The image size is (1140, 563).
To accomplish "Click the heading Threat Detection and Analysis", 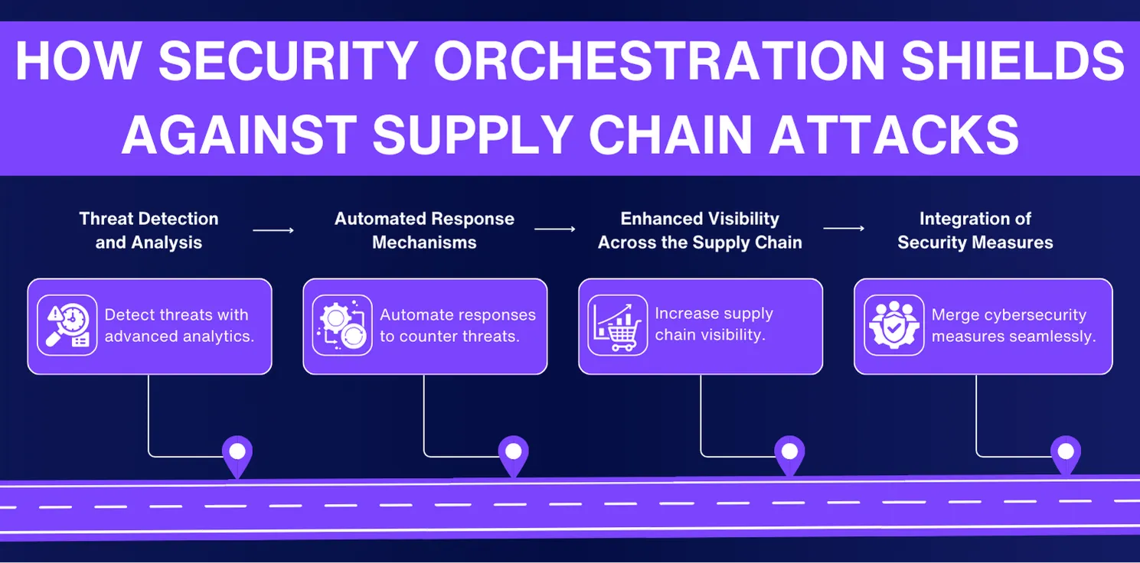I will click(149, 230).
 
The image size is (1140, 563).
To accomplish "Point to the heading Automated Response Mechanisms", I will click(424, 230).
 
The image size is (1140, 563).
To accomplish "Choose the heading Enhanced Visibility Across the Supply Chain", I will click(700, 230).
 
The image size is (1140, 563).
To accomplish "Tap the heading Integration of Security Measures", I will click(975, 230).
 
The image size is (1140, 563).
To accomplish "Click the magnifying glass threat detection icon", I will click(67, 325).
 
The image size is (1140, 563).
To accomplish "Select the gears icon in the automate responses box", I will click(342, 325).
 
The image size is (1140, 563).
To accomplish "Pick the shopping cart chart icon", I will click(617, 325).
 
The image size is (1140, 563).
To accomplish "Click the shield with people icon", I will click(893, 325).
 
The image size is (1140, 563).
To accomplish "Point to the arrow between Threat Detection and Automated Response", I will click(273, 229).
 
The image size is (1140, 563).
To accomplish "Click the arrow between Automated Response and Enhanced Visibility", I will click(554, 229).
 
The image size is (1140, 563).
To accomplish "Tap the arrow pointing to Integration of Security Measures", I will click(844, 228).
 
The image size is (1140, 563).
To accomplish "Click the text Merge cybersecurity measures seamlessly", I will click(1013, 325).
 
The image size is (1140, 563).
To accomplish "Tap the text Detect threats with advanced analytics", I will click(179, 325).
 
